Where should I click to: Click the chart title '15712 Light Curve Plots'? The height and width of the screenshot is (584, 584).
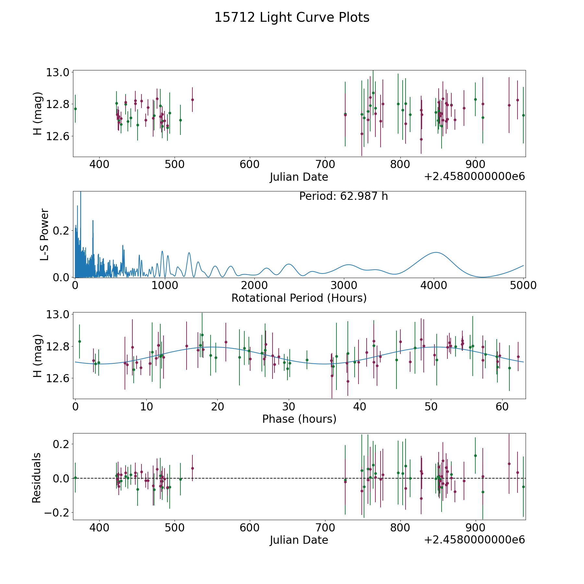click(x=292, y=18)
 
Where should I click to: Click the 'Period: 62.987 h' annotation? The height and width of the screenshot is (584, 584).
click(x=344, y=196)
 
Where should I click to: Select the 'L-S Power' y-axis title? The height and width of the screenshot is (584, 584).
click(x=44, y=235)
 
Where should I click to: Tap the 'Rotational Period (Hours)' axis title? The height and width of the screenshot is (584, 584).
click(x=299, y=298)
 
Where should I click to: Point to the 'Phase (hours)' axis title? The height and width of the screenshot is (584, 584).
click(x=299, y=419)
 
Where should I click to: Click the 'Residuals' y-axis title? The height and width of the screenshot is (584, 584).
click(x=37, y=478)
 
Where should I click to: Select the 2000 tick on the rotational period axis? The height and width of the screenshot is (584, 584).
click(x=254, y=286)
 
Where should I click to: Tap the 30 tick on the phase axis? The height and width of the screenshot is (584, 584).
click(x=288, y=407)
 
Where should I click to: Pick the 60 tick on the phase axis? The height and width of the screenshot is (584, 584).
click(x=502, y=407)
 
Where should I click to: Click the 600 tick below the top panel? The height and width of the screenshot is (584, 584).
click(x=250, y=164)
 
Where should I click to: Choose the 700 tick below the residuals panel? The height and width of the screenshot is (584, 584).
click(x=325, y=528)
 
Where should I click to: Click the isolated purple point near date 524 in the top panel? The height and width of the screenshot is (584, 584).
click(x=192, y=100)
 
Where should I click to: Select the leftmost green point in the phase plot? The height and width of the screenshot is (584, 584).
click(x=79, y=341)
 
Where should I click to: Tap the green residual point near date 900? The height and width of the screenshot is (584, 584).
click(x=475, y=456)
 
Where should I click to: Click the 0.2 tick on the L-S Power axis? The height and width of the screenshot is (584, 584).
click(x=61, y=231)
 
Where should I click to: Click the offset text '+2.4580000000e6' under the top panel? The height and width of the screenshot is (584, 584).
click(x=474, y=176)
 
